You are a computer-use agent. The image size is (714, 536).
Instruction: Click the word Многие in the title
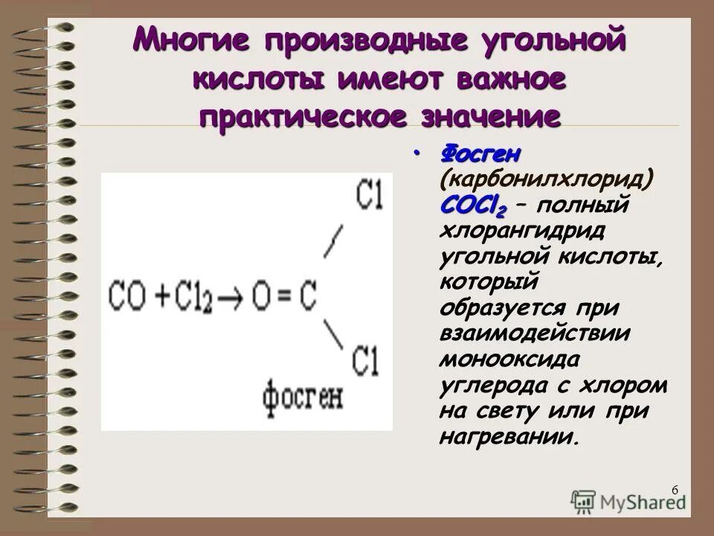click(x=193, y=39)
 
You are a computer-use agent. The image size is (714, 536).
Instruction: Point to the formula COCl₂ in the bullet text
click(x=468, y=204)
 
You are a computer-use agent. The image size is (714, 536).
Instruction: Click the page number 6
click(x=674, y=489)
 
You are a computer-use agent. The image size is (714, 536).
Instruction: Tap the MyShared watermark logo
click(x=629, y=501)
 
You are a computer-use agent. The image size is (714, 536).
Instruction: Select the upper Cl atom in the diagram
click(x=368, y=195)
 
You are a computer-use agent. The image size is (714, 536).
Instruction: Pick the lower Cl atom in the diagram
click(x=367, y=360)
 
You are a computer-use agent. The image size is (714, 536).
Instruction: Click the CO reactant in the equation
click(x=128, y=296)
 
